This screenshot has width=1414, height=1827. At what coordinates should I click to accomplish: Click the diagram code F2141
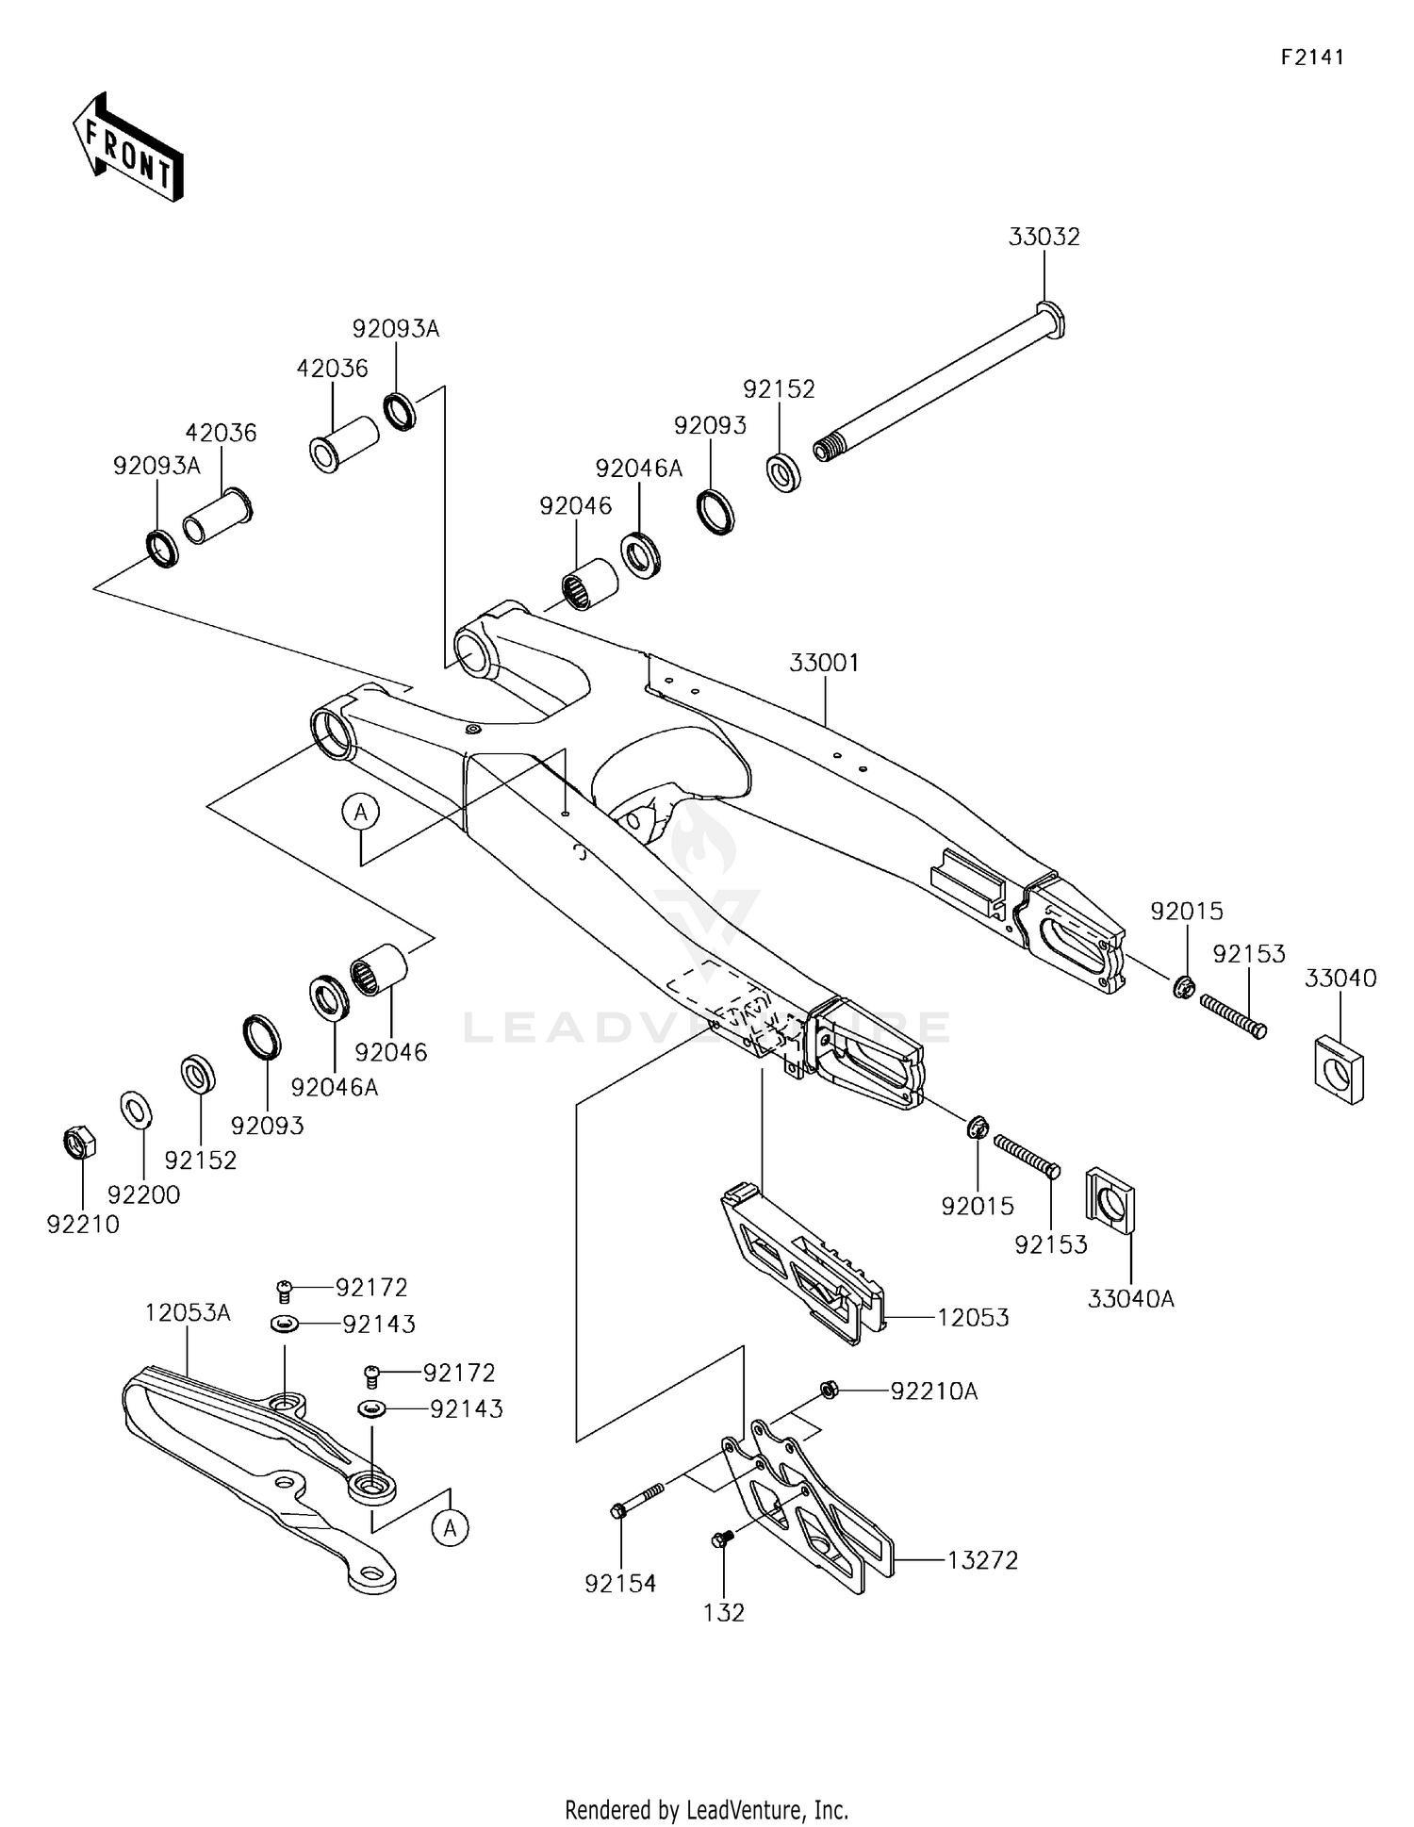[x=1311, y=58]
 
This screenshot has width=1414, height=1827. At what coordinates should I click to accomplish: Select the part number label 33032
[x=1044, y=237]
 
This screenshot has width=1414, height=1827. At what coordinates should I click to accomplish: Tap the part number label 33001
[x=824, y=663]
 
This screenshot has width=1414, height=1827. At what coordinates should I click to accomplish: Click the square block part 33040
[x=1339, y=1069]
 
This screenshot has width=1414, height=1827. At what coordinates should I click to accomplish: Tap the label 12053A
[x=188, y=1312]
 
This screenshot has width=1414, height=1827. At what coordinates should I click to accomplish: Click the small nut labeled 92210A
[x=829, y=1390]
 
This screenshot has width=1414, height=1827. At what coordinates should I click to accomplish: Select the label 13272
[x=981, y=1560]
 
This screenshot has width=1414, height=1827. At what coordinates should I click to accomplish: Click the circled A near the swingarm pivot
[x=360, y=812]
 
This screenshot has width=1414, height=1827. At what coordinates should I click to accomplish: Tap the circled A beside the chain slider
[x=451, y=1528]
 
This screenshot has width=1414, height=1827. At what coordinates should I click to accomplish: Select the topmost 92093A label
[x=396, y=329]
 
